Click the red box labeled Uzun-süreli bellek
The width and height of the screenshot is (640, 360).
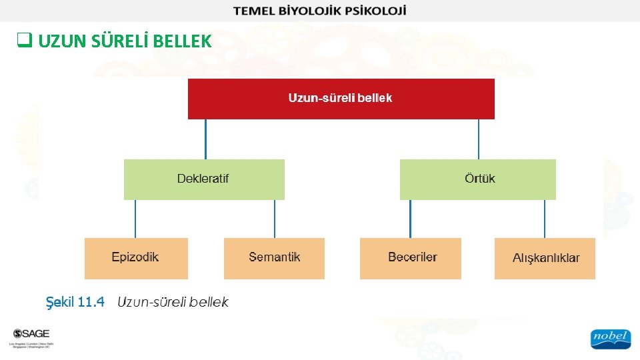click(341, 99)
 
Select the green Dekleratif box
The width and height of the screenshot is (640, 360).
click(204, 179)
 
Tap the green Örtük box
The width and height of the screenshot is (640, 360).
click(477, 179)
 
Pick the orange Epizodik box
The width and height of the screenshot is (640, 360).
click(136, 258)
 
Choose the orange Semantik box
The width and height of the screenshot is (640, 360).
click(274, 258)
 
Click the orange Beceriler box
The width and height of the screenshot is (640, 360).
click(410, 258)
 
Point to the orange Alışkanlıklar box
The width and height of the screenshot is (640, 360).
click(545, 258)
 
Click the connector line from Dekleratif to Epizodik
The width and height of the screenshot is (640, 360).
click(135, 219)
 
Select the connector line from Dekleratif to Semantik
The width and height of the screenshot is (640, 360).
click(275, 219)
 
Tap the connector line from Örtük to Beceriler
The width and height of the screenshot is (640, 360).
click(410, 219)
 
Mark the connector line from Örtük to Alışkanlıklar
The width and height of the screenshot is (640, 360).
click(545, 219)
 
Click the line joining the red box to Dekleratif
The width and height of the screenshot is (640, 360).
click(205, 139)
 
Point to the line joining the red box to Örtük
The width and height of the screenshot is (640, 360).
click(479, 139)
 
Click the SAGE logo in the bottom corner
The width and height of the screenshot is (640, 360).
click(31, 334)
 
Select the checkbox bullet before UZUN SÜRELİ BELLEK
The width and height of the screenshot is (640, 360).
click(24, 42)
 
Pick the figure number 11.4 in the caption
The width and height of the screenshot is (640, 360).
click(91, 302)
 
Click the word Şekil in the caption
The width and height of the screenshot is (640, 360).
click(59, 302)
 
